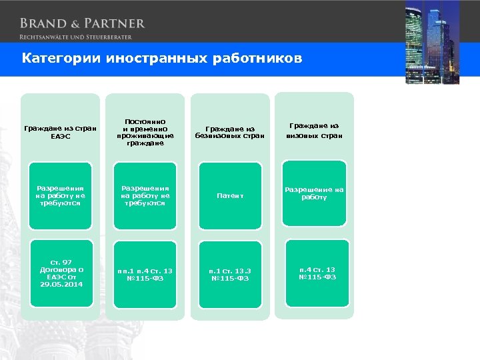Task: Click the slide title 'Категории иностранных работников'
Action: pyautogui.click(x=162, y=59)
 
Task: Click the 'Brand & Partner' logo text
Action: pyautogui.click(x=82, y=23)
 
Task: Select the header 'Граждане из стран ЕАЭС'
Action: pyautogui.click(x=60, y=132)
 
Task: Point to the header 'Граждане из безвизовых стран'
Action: pyautogui.click(x=230, y=132)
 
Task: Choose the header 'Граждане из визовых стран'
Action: pyautogui.click(x=315, y=131)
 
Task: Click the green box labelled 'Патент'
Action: pyautogui.click(x=230, y=195)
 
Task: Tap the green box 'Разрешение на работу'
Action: pyautogui.click(x=315, y=193)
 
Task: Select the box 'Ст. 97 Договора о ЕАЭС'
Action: pyautogui.click(x=60, y=273)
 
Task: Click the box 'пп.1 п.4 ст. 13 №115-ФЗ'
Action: pyautogui.click(x=145, y=274)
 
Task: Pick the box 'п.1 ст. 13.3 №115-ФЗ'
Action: pyautogui.click(x=230, y=274)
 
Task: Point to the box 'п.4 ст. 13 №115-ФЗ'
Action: pyautogui.click(x=315, y=273)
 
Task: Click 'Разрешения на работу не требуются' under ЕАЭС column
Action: pyautogui.click(x=60, y=195)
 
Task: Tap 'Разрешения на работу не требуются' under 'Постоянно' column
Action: pyautogui.click(x=145, y=195)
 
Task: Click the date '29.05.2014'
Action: pyautogui.click(x=60, y=284)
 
